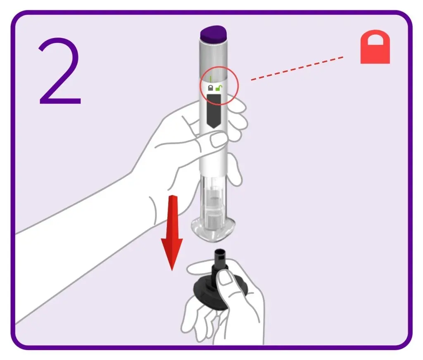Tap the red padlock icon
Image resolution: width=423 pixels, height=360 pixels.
tap(375, 47)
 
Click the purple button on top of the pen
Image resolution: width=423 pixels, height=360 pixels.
tap(213, 34)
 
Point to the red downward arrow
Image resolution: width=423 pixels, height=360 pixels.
tap(172, 232)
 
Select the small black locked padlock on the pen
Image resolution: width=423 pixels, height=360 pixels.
tap(210, 88)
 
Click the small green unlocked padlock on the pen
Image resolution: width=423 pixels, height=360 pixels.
tap(219, 88)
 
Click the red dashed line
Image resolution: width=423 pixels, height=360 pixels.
tap(297, 69)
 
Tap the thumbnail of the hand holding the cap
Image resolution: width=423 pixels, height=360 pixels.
tap(226, 278)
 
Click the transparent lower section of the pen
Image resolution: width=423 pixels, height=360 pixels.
tap(213, 205)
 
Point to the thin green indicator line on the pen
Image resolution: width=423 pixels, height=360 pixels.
tap(210, 79)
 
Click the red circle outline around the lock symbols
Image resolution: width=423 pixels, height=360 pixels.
tap(200, 86)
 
